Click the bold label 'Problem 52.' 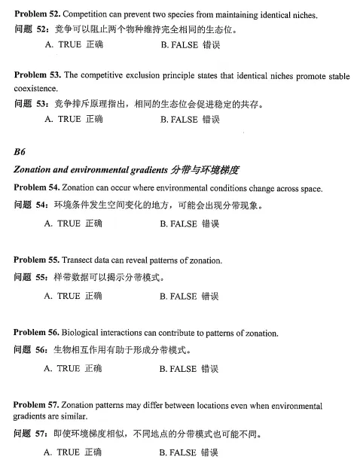coord(38,15)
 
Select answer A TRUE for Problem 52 coord(73,45)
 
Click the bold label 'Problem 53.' coord(38,76)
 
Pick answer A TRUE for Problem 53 coord(73,119)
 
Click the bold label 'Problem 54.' coord(38,187)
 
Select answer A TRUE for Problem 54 coord(73,224)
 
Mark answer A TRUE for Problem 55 coord(73,297)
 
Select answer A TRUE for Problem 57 coord(73,452)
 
